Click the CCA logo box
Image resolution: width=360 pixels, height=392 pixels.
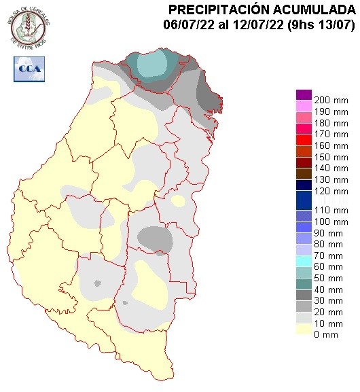click(29, 68)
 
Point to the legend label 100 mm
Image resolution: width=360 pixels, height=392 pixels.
click(331, 221)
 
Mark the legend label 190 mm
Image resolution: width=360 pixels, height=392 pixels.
click(331, 110)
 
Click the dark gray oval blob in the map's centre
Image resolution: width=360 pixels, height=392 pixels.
click(154, 238)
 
